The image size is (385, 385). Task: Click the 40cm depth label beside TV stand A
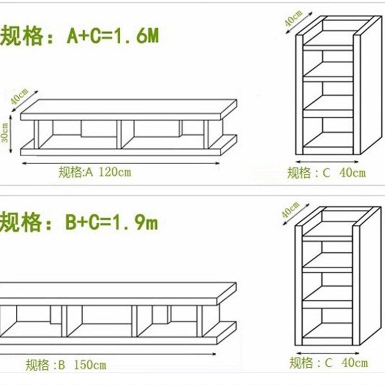tap(17, 98)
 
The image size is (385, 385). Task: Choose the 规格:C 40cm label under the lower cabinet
tap(329, 362)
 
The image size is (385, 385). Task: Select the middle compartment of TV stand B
tap(101, 320)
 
